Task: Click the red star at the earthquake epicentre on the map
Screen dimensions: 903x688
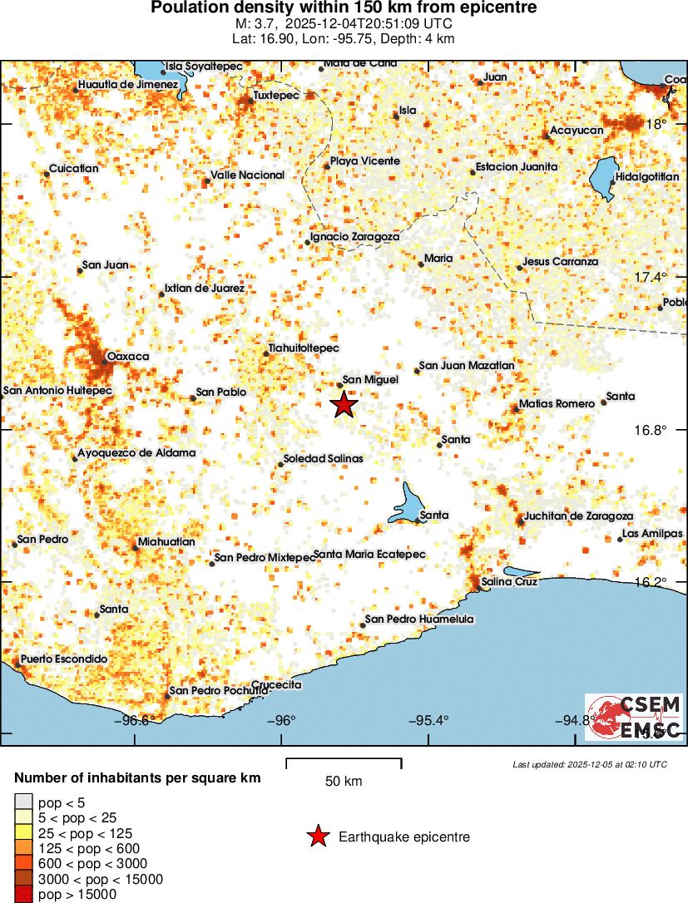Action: click(344, 405)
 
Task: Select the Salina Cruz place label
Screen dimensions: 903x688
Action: click(509, 582)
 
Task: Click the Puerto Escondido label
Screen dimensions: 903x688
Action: click(64, 659)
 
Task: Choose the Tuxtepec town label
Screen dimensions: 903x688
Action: click(275, 95)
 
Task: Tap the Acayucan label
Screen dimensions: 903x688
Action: click(577, 130)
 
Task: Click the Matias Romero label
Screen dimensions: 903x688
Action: click(557, 404)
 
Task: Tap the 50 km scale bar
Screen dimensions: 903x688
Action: click(344, 762)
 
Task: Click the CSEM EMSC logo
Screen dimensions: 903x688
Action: click(633, 717)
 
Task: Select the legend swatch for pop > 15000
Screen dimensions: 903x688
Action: click(23, 895)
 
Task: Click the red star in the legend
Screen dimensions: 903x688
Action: click(317, 836)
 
